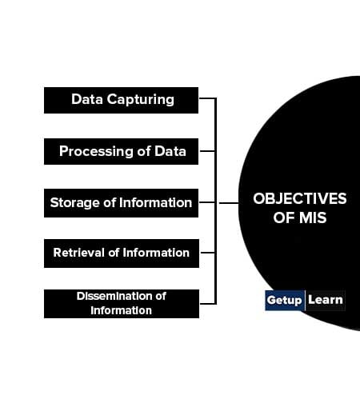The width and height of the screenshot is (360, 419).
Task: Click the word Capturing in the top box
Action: pos(141,100)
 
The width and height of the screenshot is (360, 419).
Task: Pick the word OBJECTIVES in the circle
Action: pos(299,198)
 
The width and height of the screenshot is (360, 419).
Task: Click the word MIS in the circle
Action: pos(313,217)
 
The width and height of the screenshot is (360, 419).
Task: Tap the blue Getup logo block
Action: pos(285,300)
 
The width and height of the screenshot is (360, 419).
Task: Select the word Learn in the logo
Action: pos(326,300)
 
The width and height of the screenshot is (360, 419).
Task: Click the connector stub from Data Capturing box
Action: pos(207,98)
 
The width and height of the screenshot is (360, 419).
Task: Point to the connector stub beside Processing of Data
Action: pos(207,151)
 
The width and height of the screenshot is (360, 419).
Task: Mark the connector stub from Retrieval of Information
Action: pos(207,252)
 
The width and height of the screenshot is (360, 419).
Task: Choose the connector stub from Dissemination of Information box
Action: pos(207,304)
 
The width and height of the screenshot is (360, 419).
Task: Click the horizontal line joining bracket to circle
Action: pos(229,203)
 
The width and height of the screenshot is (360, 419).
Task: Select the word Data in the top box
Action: pos(87,99)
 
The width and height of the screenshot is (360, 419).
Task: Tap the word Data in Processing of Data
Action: pos(170,151)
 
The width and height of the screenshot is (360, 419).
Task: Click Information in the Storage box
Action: pos(155,202)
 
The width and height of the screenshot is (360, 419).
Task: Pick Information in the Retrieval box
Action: pos(156,253)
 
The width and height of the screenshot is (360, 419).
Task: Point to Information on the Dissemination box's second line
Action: pos(121,310)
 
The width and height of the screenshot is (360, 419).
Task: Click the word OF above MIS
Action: pos(284,217)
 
